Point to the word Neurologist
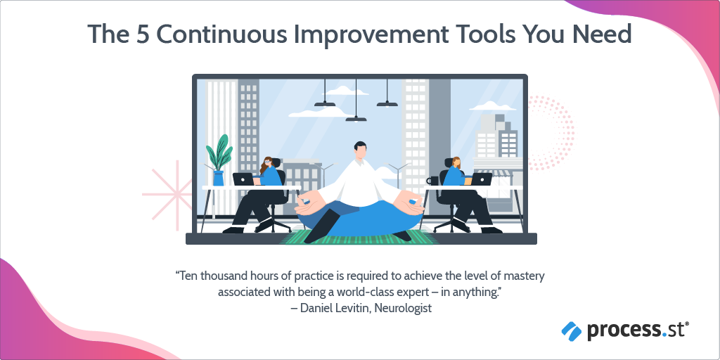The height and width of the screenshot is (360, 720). (x=403, y=308)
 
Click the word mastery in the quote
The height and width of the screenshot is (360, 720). (x=523, y=277)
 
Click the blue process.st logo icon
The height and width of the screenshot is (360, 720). (x=572, y=330)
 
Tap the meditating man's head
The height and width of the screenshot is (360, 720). (x=361, y=150)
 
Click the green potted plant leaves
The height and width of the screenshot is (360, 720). (x=219, y=153)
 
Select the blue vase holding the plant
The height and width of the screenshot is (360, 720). (x=219, y=178)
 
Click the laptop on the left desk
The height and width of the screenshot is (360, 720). (x=243, y=179)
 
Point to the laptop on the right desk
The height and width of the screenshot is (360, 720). (x=481, y=179)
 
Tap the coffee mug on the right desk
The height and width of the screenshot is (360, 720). (x=432, y=181)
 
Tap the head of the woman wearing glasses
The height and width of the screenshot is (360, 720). (x=266, y=163)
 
